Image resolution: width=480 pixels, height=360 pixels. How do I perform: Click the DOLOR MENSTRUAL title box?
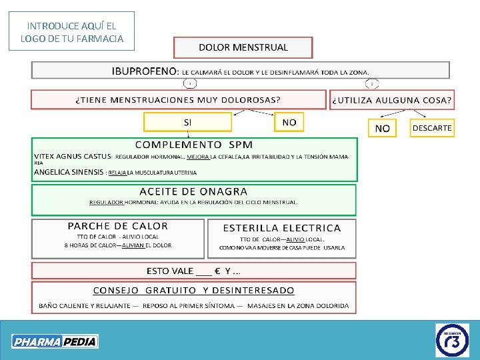pos(243,47)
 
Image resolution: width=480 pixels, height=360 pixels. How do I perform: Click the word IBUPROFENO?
pos(144,71)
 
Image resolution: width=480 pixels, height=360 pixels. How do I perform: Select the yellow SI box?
pos(187,123)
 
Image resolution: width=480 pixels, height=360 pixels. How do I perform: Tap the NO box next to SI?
pos(289,122)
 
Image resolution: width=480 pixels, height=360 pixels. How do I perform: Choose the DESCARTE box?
pos(432,127)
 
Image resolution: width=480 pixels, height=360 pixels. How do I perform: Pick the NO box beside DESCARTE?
pos(383,128)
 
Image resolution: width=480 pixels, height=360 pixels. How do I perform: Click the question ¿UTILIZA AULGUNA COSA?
pos(391,100)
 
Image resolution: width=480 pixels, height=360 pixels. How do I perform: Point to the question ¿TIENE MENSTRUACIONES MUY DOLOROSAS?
pos(177,100)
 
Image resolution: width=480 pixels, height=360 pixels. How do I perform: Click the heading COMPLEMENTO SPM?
pos(194,145)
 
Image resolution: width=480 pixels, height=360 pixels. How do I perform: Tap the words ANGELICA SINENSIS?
pos(69,172)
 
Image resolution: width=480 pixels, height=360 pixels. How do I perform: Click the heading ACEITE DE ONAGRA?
pos(193,192)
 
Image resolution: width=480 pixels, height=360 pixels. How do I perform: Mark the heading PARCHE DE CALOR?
pos(118,227)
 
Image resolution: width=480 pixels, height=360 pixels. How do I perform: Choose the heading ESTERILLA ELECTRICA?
pos(281,228)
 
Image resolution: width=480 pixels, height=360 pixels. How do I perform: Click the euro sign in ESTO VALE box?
pos(217,271)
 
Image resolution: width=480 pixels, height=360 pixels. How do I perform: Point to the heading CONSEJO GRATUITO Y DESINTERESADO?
pos(193,290)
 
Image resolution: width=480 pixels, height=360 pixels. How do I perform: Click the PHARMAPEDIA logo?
pos(55,341)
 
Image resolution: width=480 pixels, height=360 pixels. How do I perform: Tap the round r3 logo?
pos(452,340)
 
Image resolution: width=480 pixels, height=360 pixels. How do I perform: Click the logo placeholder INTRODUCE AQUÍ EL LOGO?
pos(72,32)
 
